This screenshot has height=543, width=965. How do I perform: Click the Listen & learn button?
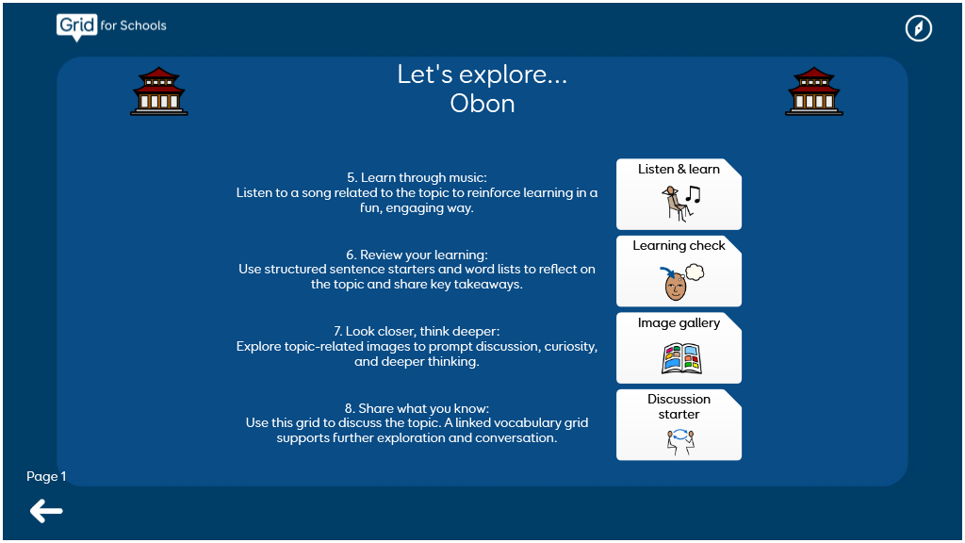pyautogui.click(x=679, y=194)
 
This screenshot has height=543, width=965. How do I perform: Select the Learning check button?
pyautogui.click(x=679, y=271)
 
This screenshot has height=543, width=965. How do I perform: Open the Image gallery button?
pyautogui.click(x=679, y=348)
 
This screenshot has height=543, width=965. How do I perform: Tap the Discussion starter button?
pyautogui.click(x=679, y=425)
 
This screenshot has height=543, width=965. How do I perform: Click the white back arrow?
pyautogui.click(x=46, y=511)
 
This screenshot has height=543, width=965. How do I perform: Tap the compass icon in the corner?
pyautogui.click(x=918, y=28)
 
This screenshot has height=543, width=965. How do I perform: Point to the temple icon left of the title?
pyautogui.click(x=158, y=91)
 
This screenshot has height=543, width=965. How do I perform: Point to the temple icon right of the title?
pyautogui.click(x=814, y=91)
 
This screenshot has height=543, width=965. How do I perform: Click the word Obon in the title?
pyautogui.click(x=482, y=104)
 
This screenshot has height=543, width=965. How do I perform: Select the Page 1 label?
pyautogui.click(x=46, y=476)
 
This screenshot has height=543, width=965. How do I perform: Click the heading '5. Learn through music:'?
pyautogui.click(x=417, y=177)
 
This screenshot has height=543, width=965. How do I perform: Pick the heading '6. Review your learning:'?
pyautogui.click(x=417, y=255)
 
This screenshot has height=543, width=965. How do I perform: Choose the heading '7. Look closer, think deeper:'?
pyautogui.click(x=417, y=331)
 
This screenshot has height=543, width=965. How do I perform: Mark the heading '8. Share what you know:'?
pyautogui.click(x=417, y=408)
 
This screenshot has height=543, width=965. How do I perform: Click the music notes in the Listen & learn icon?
pyautogui.click(x=693, y=194)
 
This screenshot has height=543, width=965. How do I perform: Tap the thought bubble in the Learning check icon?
pyautogui.click(x=695, y=271)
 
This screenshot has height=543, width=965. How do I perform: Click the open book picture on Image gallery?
pyautogui.click(x=681, y=359)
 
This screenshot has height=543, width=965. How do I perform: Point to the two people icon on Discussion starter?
pyautogui.click(x=680, y=441)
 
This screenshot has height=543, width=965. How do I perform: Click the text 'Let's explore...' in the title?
pyautogui.click(x=482, y=74)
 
